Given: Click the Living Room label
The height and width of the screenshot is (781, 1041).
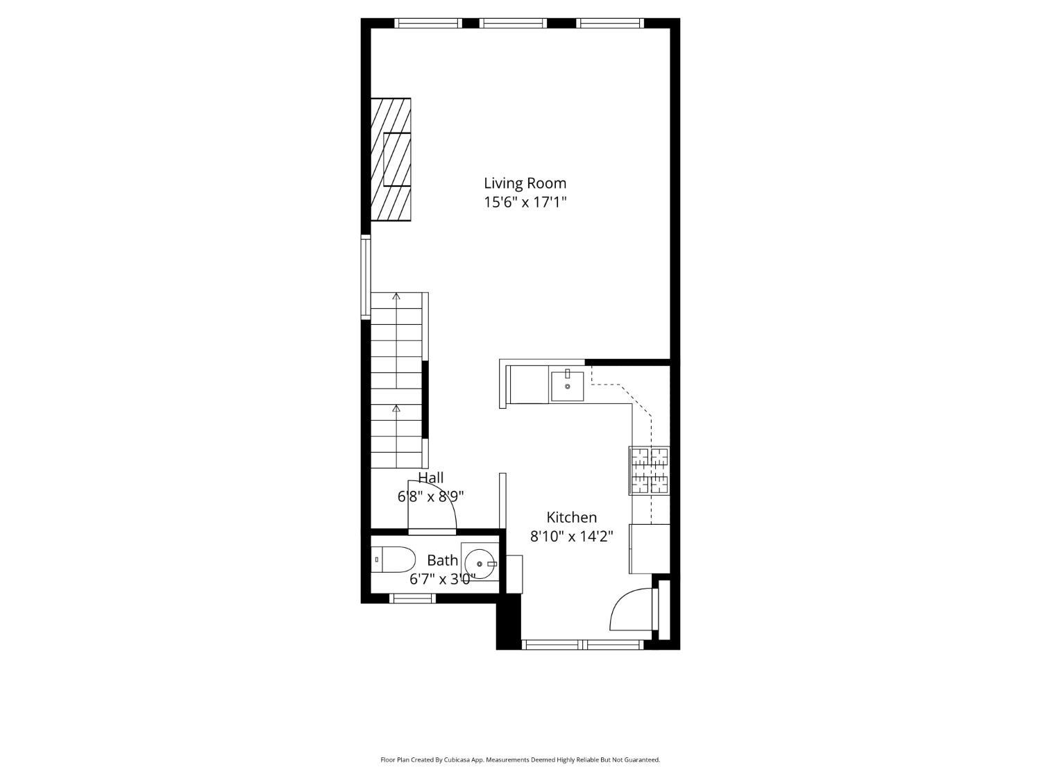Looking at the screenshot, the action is click(525, 183).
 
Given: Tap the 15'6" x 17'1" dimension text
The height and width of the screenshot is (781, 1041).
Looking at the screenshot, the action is click(525, 203).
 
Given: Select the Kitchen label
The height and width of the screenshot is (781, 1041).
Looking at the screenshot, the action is click(571, 517).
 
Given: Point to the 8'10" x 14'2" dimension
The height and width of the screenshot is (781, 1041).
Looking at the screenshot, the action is click(571, 537).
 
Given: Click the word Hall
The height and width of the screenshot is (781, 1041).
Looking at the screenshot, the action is click(431, 477).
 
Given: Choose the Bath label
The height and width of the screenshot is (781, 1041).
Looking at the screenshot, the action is click(442, 560).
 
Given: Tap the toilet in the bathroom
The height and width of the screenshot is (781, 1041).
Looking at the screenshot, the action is click(393, 560).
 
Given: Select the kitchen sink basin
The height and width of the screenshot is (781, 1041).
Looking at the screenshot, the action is click(567, 385).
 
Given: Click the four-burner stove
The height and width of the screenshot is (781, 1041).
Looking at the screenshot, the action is click(649, 471).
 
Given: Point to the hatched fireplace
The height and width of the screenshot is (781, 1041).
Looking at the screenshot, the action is click(390, 160).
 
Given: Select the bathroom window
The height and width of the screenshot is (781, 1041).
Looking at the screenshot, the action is click(412, 598).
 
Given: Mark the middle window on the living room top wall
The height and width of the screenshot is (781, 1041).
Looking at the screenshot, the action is click(513, 23).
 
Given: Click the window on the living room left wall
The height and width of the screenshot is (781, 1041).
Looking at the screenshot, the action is click(365, 277).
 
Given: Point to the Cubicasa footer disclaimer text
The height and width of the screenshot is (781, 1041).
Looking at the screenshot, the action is click(520, 759).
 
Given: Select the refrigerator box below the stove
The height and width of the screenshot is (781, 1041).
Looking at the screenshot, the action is click(650, 548).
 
